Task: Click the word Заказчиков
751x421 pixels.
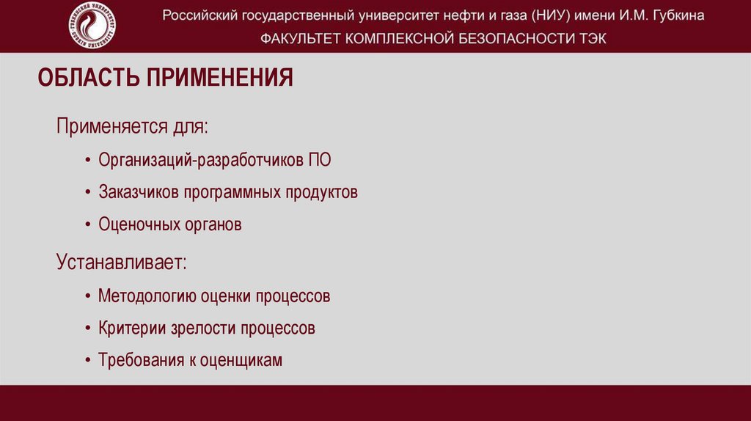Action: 138,192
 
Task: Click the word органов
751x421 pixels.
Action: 211,225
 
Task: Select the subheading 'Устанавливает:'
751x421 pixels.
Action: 122,262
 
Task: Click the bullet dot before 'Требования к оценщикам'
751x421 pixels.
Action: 87,361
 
